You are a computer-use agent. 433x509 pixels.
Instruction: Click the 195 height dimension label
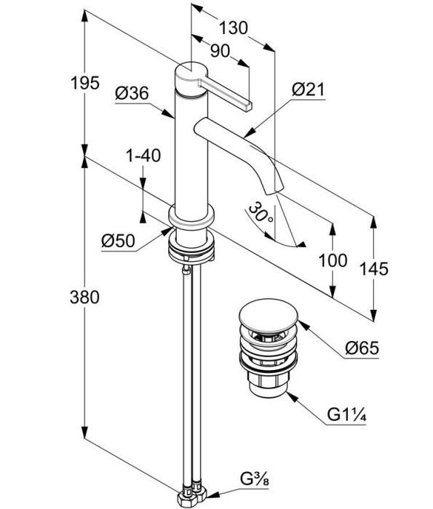[85, 83]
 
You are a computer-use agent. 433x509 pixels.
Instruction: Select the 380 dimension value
[84, 297]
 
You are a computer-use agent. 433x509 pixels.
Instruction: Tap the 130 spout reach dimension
[234, 28]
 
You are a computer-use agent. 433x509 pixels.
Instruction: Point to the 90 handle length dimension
[220, 51]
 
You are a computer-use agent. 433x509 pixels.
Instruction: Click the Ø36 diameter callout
[132, 94]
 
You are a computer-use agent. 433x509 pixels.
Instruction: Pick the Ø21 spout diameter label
[309, 89]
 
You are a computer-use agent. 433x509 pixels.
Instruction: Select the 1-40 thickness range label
[143, 156]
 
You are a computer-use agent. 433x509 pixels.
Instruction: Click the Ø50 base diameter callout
[118, 241]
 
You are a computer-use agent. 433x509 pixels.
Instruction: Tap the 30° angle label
[261, 212]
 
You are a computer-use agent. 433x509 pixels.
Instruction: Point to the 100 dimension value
[333, 260]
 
